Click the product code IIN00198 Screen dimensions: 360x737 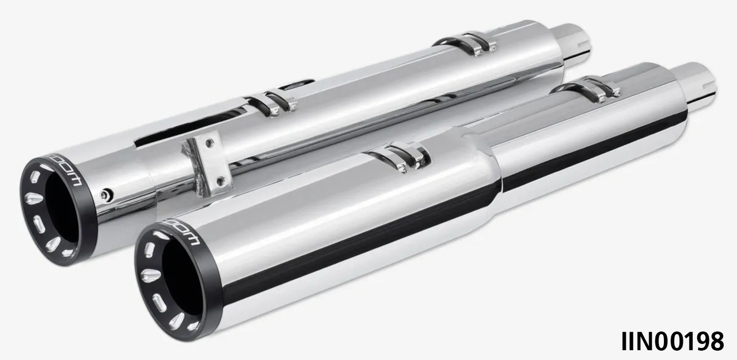tap(672, 341)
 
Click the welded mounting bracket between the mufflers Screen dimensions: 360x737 tap(204, 164)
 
